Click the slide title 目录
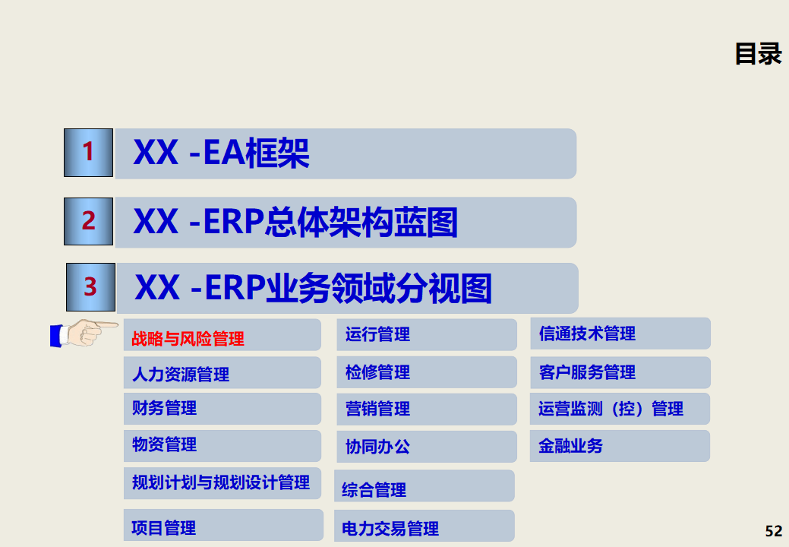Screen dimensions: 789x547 point(758,54)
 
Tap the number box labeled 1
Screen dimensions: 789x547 point(89,153)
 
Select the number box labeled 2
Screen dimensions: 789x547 point(89,221)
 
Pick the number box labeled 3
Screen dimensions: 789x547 point(90,287)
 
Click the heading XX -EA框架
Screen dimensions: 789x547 point(221,153)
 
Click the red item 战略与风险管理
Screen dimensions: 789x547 point(188,339)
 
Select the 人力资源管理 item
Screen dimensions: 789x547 point(181,374)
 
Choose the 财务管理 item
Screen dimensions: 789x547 point(165,408)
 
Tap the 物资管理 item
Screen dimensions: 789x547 point(165,444)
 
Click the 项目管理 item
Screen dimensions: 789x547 point(164,527)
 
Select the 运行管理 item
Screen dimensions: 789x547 point(377,334)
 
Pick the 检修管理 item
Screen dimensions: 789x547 point(377,372)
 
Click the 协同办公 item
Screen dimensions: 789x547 point(377,447)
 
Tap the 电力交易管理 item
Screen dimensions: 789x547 point(390,528)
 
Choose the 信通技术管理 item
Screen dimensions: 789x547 point(587,334)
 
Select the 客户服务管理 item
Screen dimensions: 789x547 point(587,372)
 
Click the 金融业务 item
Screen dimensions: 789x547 point(570,446)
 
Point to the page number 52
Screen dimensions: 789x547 point(773,530)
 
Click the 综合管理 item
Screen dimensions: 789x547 point(374,490)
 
